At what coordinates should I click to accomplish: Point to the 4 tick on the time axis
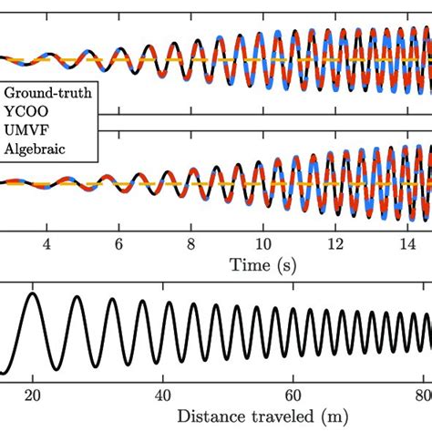point(46,244)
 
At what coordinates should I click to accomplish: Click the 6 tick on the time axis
point(118,244)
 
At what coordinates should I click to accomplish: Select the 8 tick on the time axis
point(190,244)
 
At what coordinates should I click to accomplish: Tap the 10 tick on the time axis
point(262,244)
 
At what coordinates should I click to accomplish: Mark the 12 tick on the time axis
point(335,244)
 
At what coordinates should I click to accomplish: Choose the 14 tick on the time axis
point(407,244)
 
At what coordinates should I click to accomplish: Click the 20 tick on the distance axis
point(32,395)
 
